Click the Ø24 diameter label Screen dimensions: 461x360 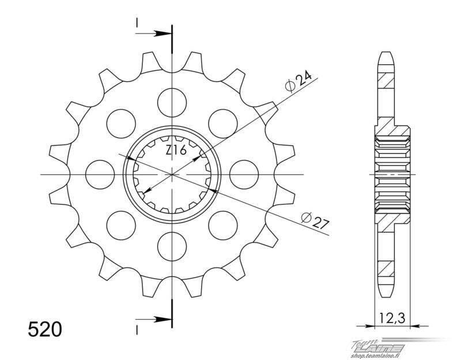pyautogui.click(x=298, y=82)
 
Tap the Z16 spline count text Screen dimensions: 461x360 pyautogui.click(x=176, y=150)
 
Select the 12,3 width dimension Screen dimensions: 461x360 pyautogui.click(x=392, y=318)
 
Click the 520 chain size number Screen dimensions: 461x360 pyautogui.click(x=45, y=329)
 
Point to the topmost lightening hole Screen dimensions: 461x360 pyautogui.click(x=172, y=103)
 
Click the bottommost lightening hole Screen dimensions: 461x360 pyautogui.click(x=172, y=247)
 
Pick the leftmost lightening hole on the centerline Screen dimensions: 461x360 pyautogui.click(x=100, y=175)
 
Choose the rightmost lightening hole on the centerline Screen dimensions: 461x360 pyautogui.click(x=244, y=175)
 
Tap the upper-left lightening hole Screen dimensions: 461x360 pyautogui.click(x=121, y=124)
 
